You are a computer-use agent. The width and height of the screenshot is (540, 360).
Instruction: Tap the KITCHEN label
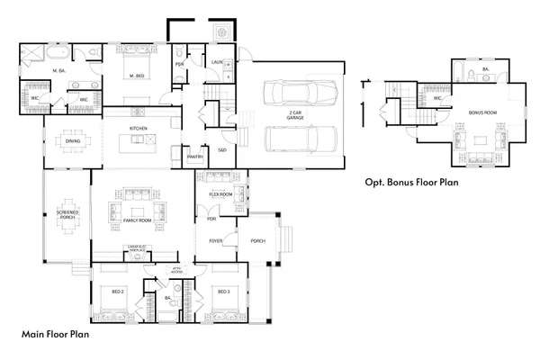coord(138,129)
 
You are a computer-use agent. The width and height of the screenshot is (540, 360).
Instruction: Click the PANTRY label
coord(193,156)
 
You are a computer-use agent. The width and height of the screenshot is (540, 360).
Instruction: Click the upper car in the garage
coord(299,93)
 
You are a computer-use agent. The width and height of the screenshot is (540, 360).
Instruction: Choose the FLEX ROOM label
coord(221,193)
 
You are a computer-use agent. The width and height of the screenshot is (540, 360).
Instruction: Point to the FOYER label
coord(216,240)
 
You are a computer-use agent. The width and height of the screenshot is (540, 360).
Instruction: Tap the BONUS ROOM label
coord(482,113)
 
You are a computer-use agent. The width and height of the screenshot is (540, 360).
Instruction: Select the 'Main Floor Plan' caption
coord(54,334)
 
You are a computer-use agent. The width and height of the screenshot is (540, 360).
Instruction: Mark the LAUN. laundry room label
coord(217,62)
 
